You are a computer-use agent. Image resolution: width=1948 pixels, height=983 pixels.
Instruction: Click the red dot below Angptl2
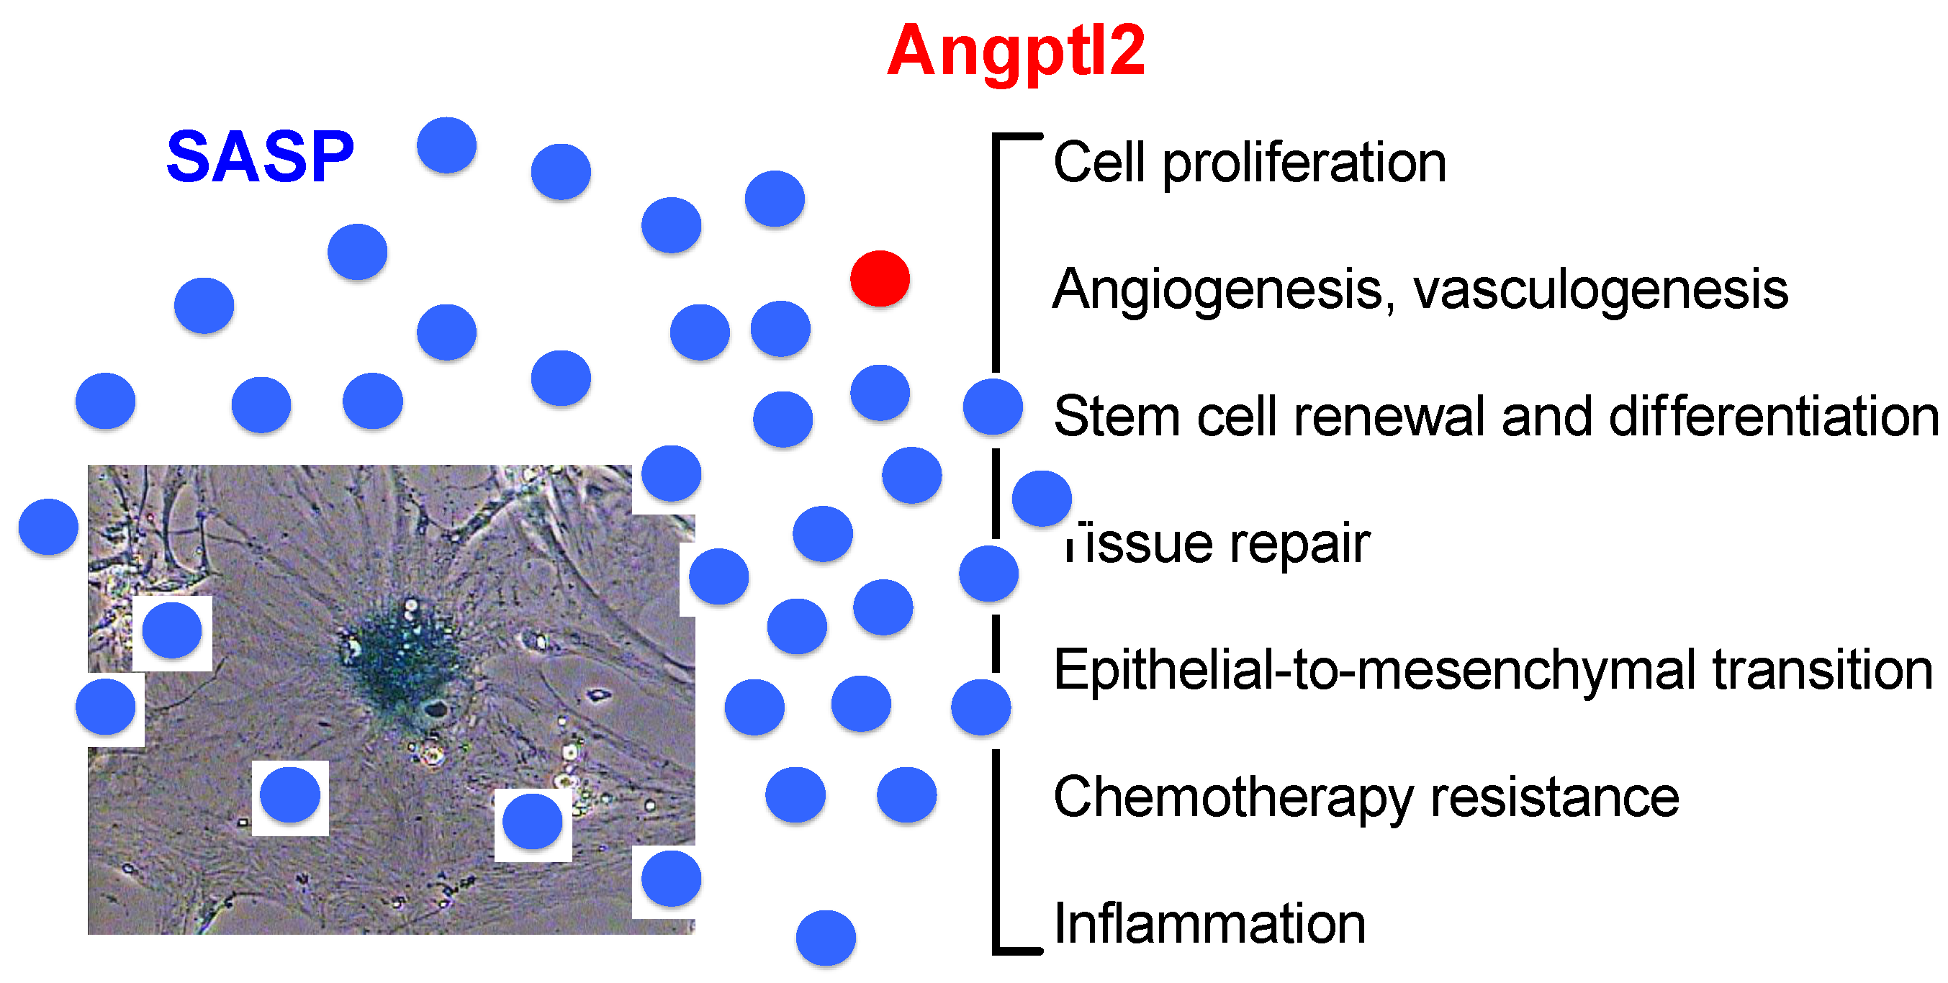tap(880, 278)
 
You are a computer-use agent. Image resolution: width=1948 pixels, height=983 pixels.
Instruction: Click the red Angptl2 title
tap(1016, 51)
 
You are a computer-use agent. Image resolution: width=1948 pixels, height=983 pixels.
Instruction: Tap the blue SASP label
tap(259, 158)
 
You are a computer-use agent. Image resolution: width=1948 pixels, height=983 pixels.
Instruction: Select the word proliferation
tap(1304, 163)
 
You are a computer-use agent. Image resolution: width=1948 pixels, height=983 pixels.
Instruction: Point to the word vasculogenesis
tap(1600, 290)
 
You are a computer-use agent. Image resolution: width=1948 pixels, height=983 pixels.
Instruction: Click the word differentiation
tap(1772, 417)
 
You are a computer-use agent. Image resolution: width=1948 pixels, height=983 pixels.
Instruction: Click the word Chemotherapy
tap(1233, 799)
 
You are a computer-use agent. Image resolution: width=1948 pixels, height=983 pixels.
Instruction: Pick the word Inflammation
tap(1209, 924)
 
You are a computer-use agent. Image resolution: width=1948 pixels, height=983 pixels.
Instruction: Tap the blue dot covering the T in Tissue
tap(1041, 498)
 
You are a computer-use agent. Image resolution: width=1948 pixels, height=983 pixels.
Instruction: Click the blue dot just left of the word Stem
tap(992, 407)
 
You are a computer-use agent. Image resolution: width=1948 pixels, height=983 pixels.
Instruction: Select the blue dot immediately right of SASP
tap(446, 145)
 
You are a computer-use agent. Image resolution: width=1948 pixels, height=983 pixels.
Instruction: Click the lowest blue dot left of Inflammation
tap(825, 938)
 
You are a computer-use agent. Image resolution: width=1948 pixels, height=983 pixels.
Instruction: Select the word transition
tap(1822, 671)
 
